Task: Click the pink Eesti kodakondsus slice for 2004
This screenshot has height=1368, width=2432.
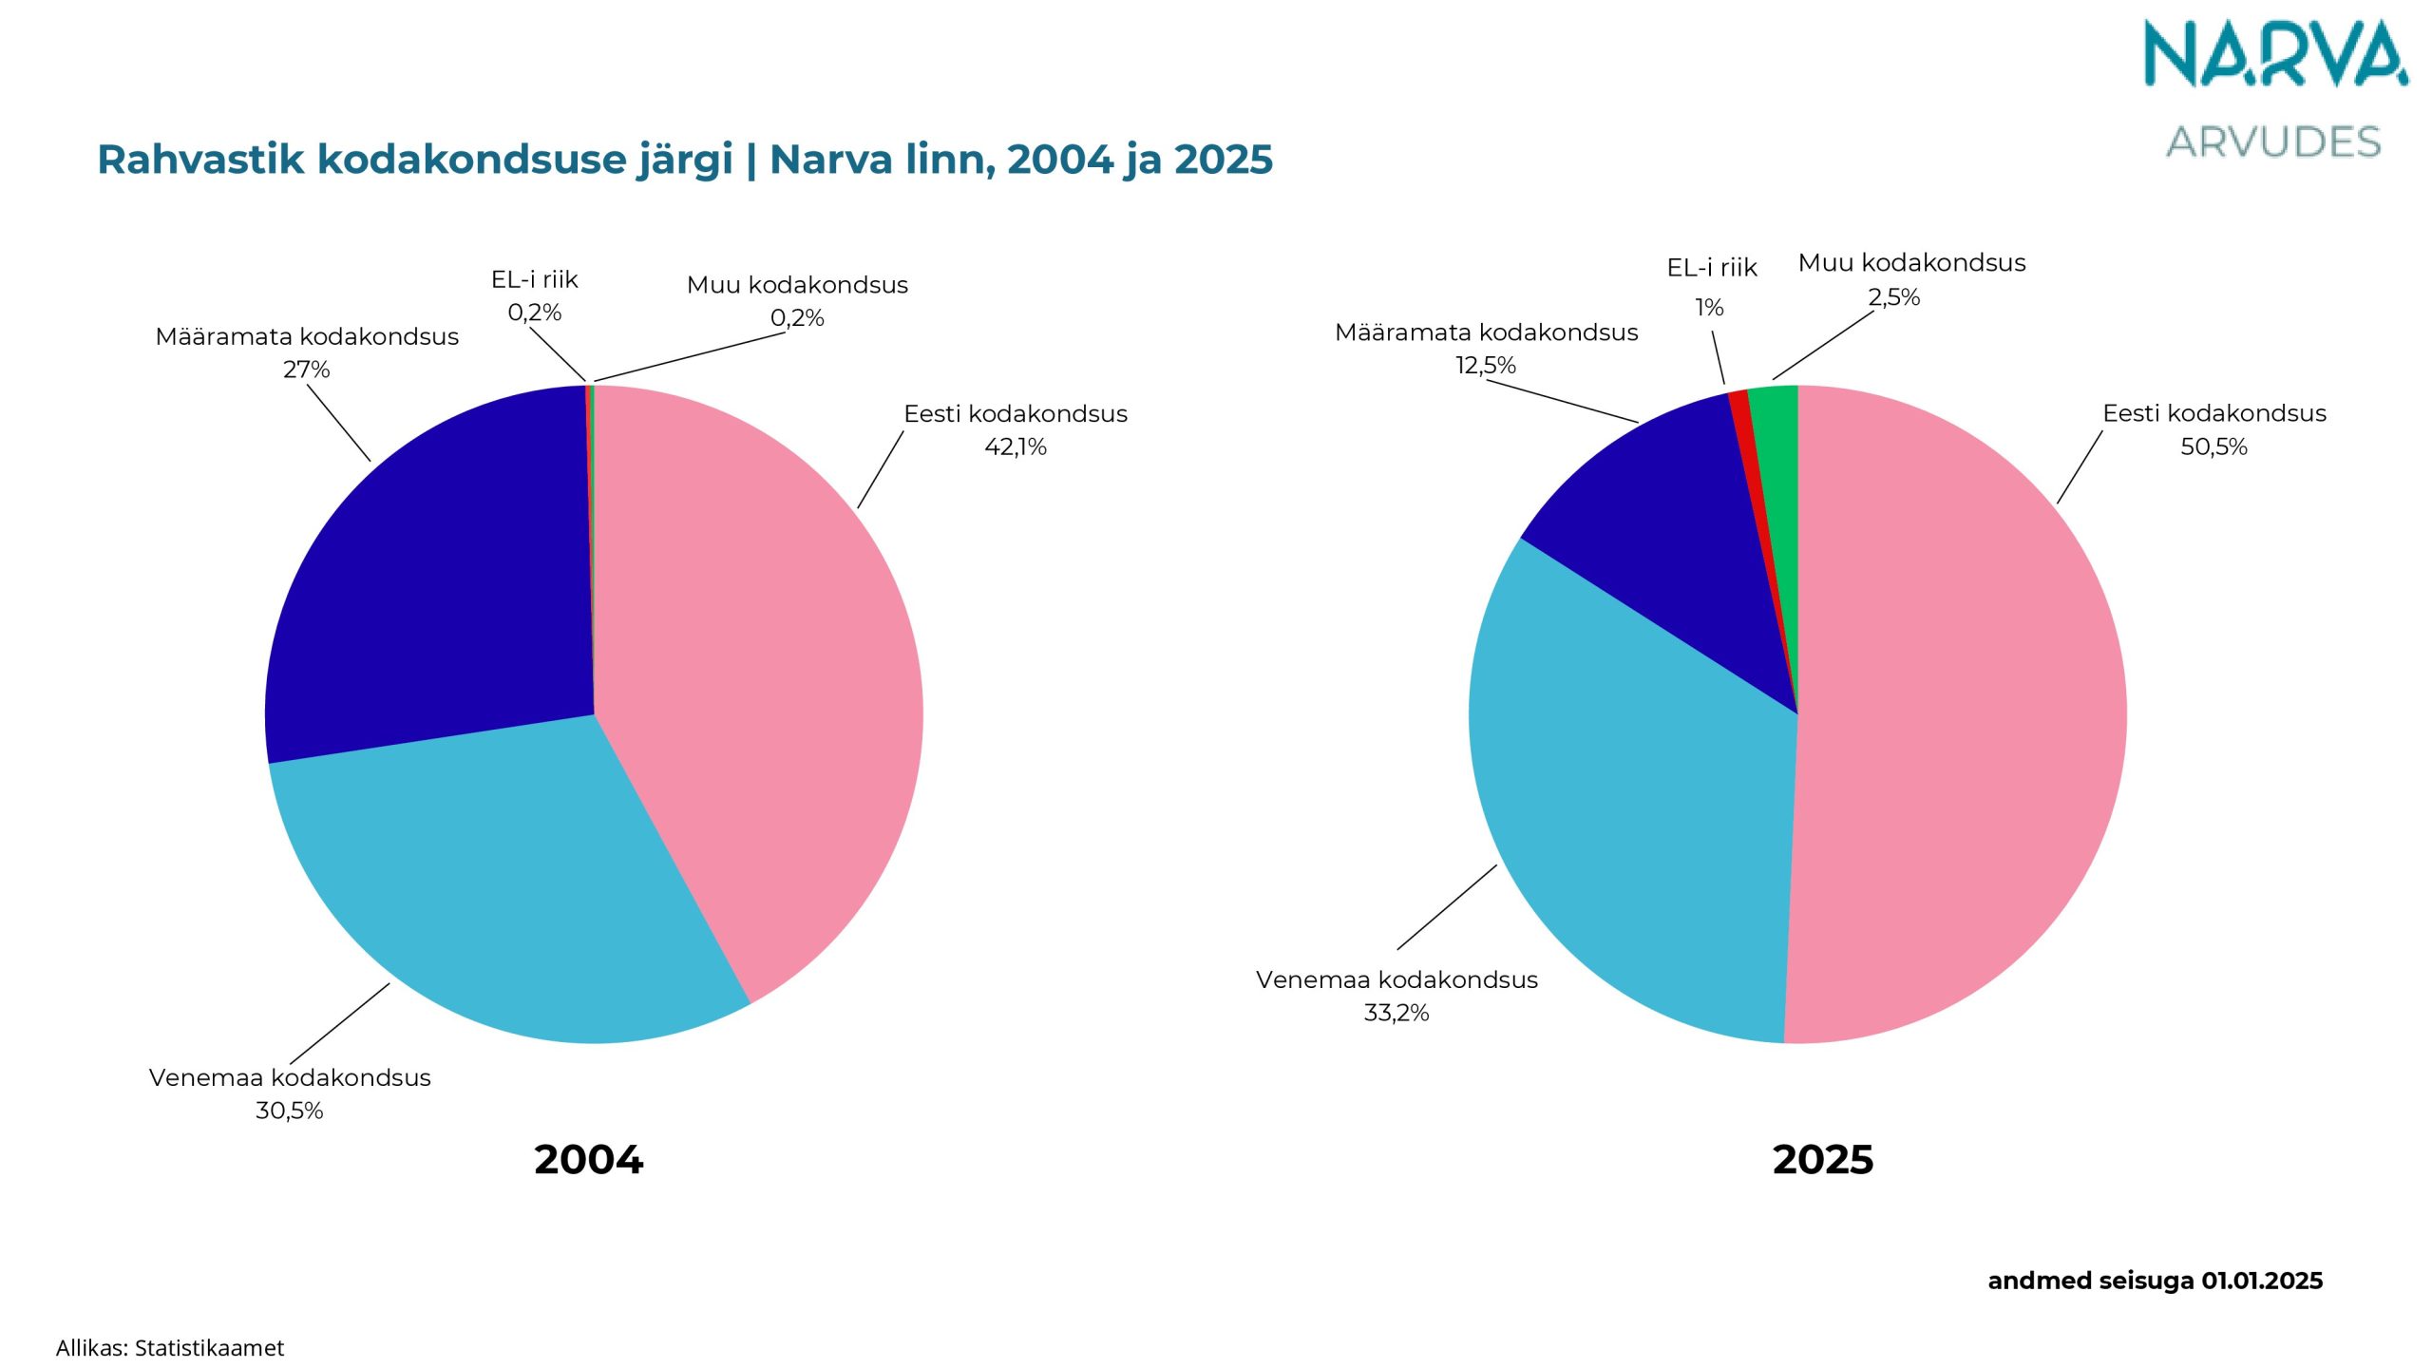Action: coord(750,665)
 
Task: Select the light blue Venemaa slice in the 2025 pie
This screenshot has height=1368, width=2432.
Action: coord(1634,836)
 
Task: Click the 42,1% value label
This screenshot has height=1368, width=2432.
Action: coord(1015,446)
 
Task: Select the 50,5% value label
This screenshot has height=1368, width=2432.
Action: coord(2213,446)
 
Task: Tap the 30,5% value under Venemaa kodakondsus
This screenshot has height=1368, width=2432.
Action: coord(290,1111)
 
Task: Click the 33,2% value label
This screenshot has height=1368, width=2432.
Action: coord(1396,1013)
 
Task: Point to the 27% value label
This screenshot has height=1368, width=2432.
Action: coord(306,370)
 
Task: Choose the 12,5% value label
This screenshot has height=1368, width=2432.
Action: coord(1486,366)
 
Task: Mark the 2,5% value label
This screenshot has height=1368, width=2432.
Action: coord(1893,297)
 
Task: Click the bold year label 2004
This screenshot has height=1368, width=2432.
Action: coord(589,1160)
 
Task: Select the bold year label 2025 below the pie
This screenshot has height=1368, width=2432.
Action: coord(1823,1160)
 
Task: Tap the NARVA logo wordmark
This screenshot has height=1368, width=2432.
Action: coord(2275,55)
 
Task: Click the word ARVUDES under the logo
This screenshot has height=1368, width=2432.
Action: coord(2273,142)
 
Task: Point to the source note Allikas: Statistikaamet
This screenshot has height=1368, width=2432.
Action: coord(170,1348)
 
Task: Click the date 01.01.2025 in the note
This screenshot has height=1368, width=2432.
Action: coord(2262,1281)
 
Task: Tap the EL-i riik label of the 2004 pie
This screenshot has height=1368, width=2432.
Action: coord(534,279)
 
